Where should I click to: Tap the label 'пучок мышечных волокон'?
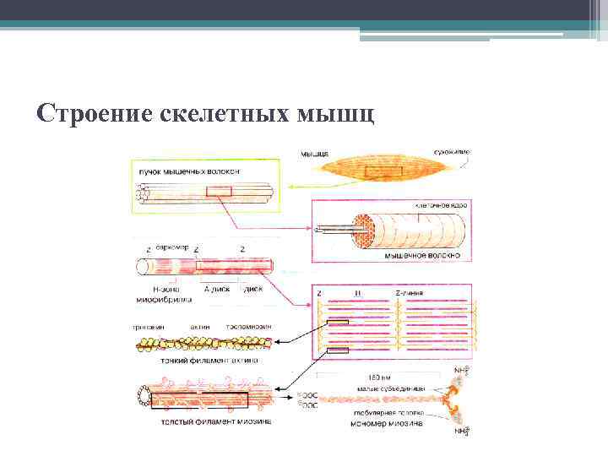click(x=189, y=171)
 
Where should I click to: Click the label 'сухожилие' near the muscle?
click(x=453, y=152)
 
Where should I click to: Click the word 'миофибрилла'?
click(x=163, y=299)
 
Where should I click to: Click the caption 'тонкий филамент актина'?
click(x=206, y=360)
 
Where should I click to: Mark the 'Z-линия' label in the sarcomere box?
click(x=411, y=293)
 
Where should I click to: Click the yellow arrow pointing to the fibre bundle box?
click(x=297, y=187)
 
